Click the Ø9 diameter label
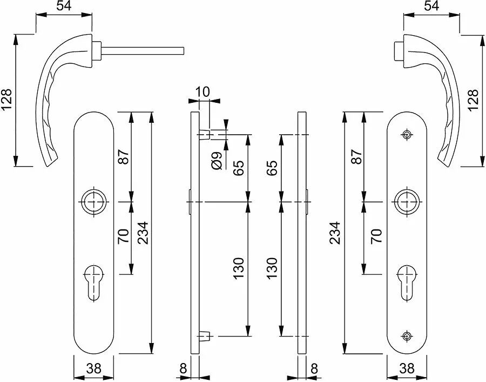point(217,161)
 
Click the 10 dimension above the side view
point(202,92)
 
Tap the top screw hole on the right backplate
point(407,135)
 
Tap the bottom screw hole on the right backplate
point(407,336)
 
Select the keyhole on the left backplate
point(93,282)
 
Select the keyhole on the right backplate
point(407,282)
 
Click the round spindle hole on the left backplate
point(93,202)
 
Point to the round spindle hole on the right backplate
point(407,202)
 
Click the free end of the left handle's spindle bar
point(184,51)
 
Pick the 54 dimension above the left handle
point(64,5)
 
